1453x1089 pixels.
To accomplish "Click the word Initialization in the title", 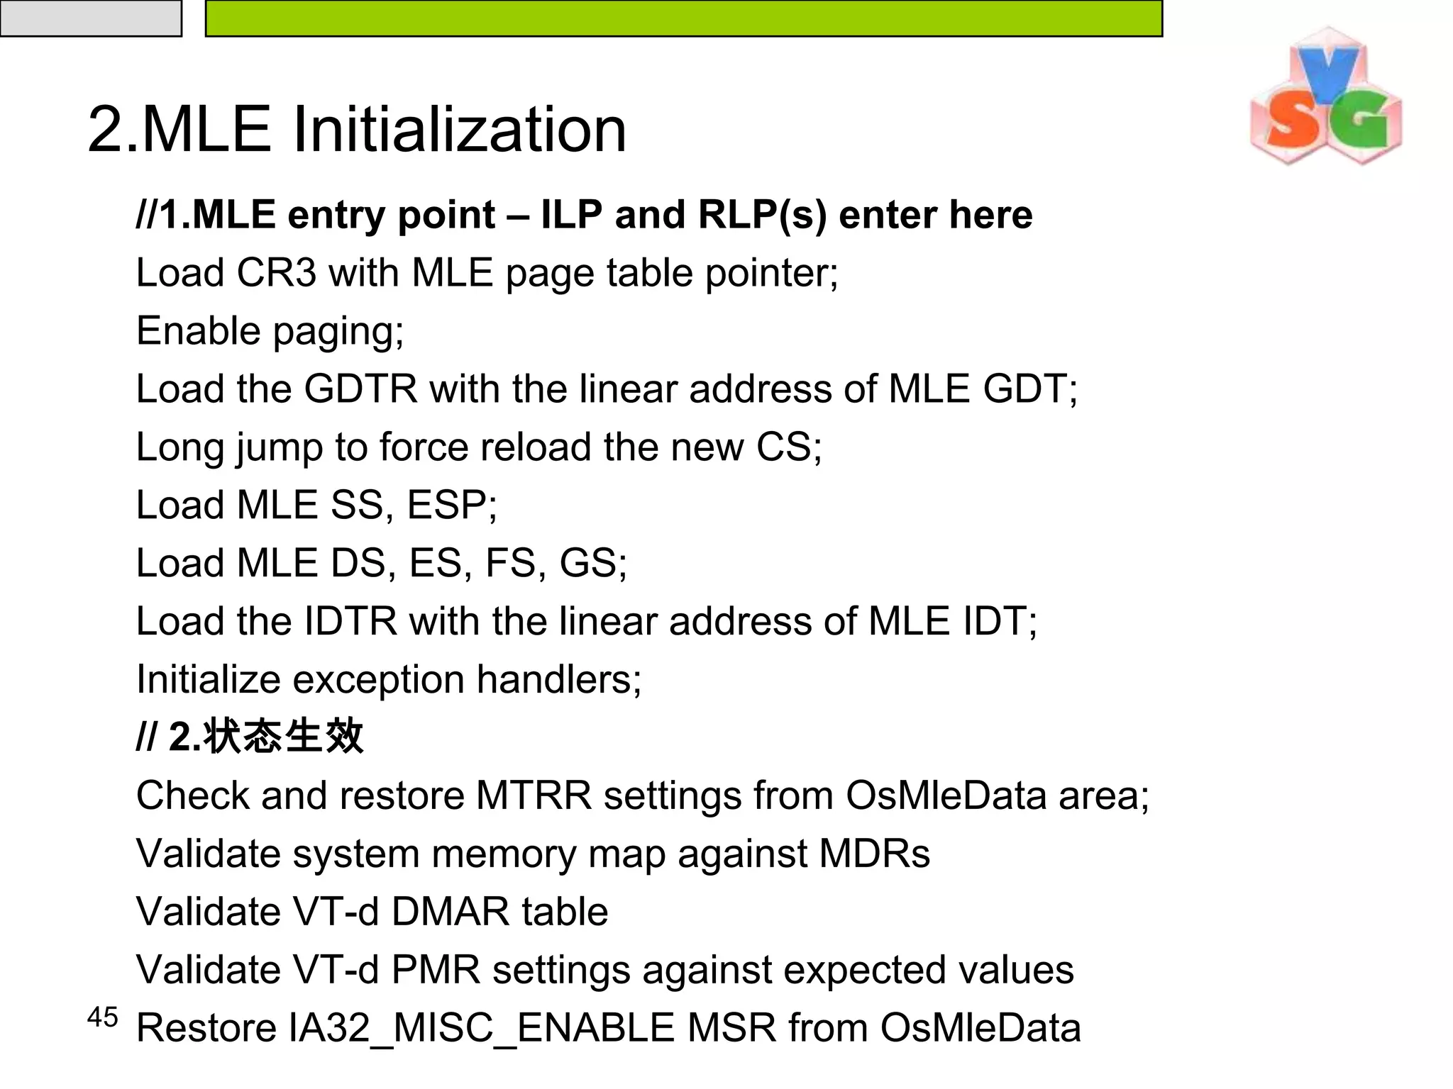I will [x=459, y=129].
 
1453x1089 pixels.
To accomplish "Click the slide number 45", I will [x=102, y=1017].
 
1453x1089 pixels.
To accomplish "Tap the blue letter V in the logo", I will [x=1327, y=72].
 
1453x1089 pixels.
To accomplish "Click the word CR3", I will [x=276, y=273].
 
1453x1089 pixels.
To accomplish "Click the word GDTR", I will [x=360, y=389].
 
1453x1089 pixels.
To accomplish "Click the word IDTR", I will [x=350, y=622].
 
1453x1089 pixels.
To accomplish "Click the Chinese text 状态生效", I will [x=283, y=737].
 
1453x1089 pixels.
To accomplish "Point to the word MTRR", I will [x=533, y=795].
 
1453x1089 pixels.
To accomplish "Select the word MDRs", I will [x=874, y=854].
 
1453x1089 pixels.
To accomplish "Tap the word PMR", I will [x=436, y=970].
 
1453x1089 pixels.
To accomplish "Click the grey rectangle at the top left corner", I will [x=90, y=18].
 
